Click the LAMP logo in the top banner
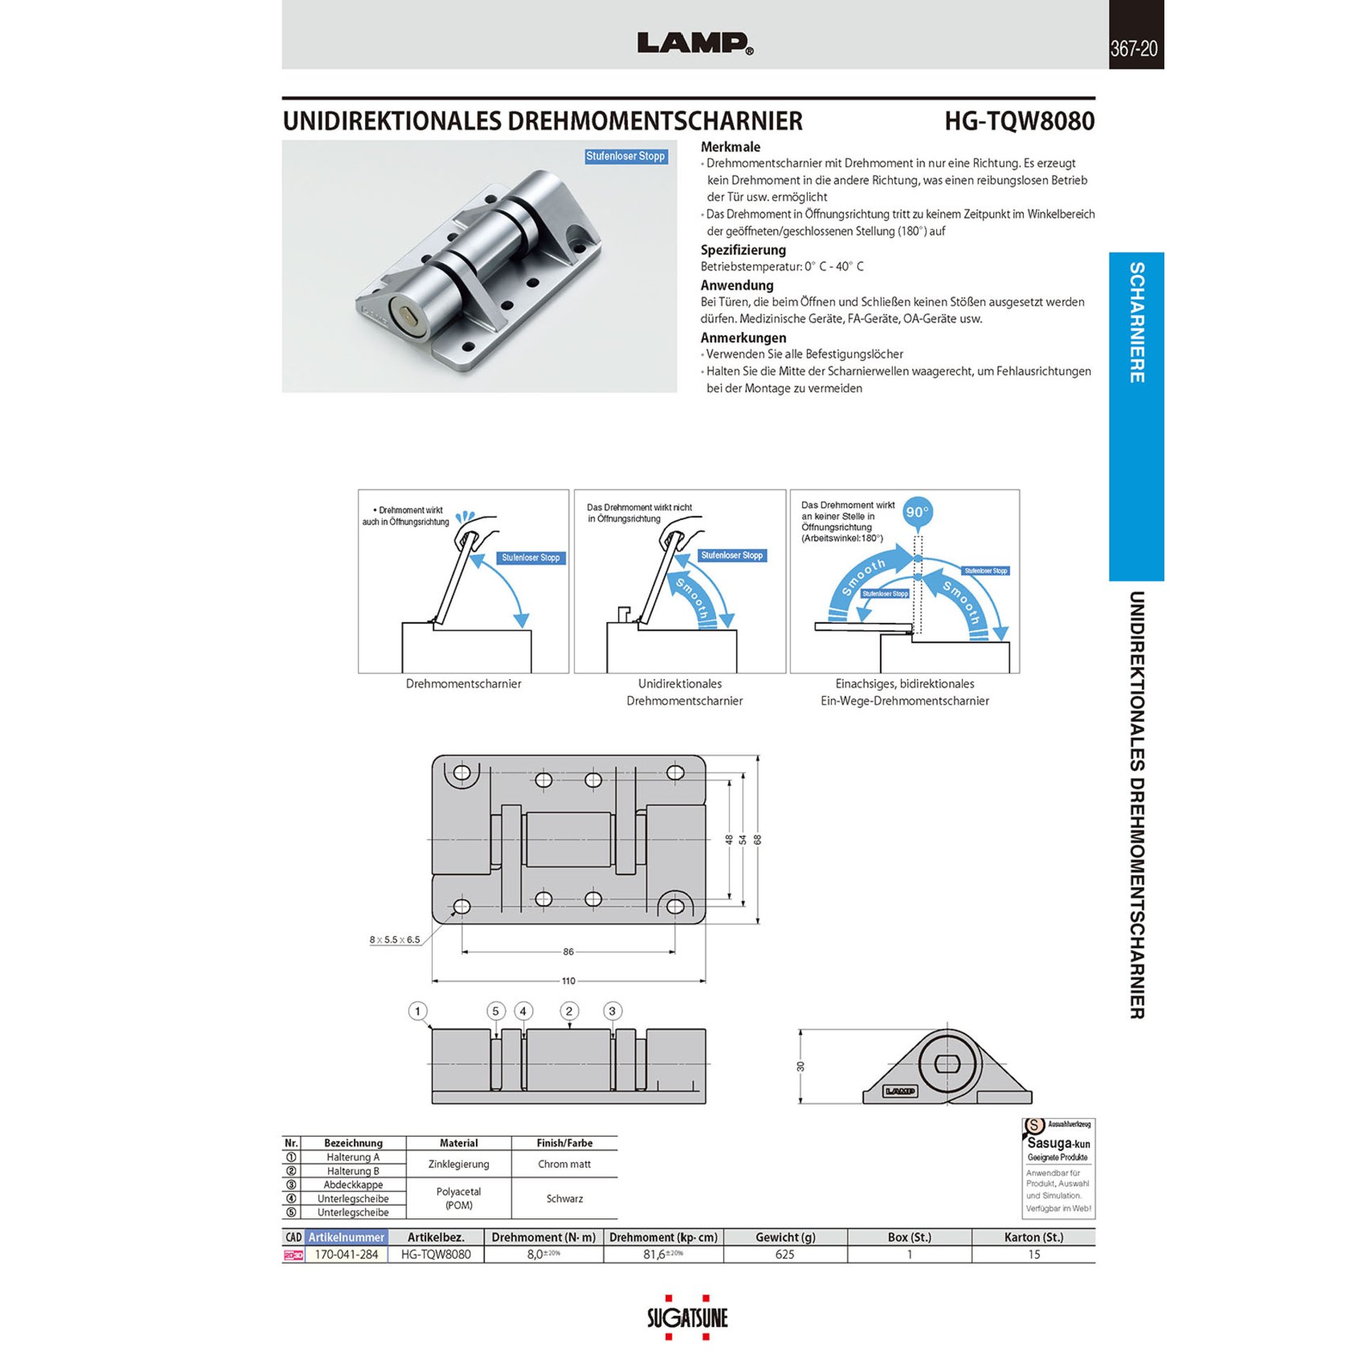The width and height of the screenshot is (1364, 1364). pyautogui.click(x=695, y=43)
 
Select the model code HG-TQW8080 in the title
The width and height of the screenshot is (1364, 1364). pyautogui.click(x=1019, y=121)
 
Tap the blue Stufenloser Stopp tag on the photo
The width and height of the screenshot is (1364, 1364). pyautogui.click(x=625, y=156)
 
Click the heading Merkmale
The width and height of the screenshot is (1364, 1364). pyautogui.click(x=730, y=147)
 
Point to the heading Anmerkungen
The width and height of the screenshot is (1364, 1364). pyautogui.click(x=743, y=337)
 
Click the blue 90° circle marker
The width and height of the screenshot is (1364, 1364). pyautogui.click(x=917, y=511)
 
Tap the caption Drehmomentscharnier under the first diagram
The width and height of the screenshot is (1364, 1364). pyautogui.click(x=463, y=683)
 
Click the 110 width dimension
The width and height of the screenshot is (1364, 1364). pyautogui.click(x=568, y=981)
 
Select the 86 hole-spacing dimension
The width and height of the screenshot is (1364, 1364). pyautogui.click(x=568, y=952)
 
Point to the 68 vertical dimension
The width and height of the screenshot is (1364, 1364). pyautogui.click(x=758, y=839)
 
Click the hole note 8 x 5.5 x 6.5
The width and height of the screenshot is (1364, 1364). pyautogui.click(x=394, y=940)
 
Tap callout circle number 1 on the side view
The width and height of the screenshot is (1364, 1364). pyautogui.click(x=418, y=1011)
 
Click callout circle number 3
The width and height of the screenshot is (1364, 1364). pyautogui.click(x=612, y=1011)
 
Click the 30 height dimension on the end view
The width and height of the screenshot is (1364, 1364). pyautogui.click(x=801, y=1066)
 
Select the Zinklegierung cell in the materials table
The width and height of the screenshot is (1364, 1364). pyautogui.click(x=458, y=1164)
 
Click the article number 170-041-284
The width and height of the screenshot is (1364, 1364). pyautogui.click(x=346, y=1254)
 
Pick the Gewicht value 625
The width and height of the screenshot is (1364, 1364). pyautogui.click(x=784, y=1254)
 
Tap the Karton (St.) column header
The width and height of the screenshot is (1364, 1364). pyautogui.click(x=1033, y=1237)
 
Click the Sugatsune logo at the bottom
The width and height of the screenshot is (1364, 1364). pyautogui.click(x=687, y=1319)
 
